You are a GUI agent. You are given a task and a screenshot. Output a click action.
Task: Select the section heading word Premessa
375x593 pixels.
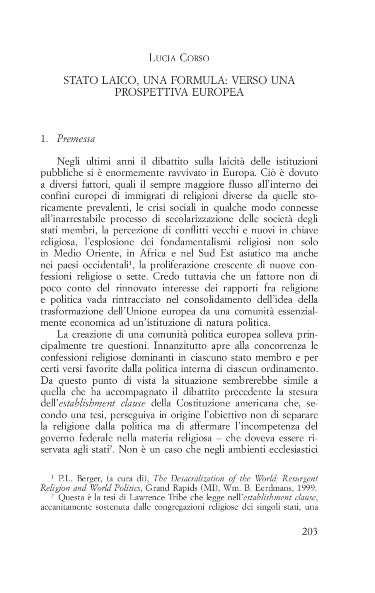[76, 139]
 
